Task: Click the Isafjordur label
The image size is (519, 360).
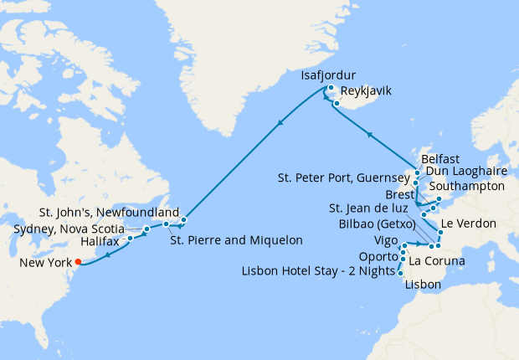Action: click(335, 76)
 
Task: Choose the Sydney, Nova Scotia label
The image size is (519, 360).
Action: click(69, 229)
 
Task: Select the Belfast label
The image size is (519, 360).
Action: click(442, 157)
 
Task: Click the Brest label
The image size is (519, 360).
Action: click(401, 193)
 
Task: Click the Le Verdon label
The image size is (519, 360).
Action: click(467, 224)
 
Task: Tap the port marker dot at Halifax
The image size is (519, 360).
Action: click(130, 239)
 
